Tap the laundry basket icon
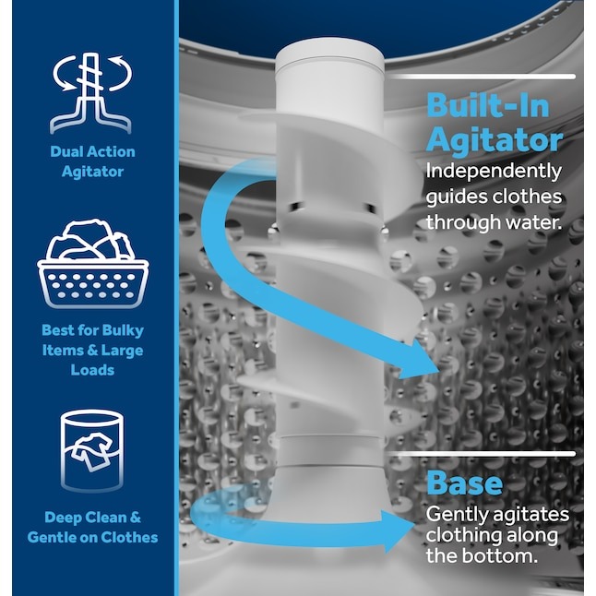click(x=92, y=264)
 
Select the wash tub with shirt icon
click(x=92, y=450)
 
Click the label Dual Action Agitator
click(x=92, y=161)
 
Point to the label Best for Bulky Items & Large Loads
click(x=92, y=350)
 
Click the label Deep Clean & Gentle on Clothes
click(x=92, y=527)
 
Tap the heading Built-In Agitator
click(x=494, y=122)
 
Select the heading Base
click(x=464, y=483)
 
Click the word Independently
click(x=493, y=172)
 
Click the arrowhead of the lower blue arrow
click(x=402, y=531)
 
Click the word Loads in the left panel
click(x=92, y=370)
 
